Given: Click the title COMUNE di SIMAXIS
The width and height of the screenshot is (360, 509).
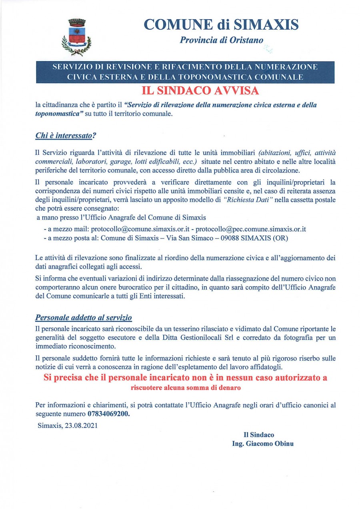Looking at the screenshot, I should (221, 25).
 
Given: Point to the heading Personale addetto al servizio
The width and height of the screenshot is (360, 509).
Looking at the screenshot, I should (84, 318).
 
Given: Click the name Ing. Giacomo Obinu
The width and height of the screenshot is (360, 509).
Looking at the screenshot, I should (262, 443).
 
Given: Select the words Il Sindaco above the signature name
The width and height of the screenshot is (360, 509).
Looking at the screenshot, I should (259, 435).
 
